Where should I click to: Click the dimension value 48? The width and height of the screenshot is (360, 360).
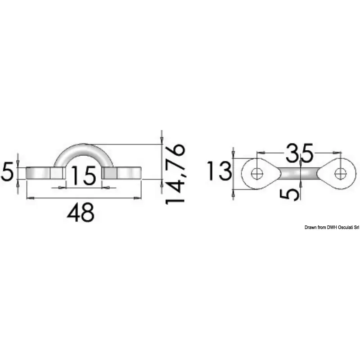81,212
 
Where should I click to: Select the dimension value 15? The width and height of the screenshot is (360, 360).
84,175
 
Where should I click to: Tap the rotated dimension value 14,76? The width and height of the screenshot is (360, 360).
175,174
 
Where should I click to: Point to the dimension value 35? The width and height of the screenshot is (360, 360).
299,152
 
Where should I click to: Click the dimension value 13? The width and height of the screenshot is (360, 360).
219,171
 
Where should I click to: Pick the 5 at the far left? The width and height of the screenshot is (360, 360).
8,172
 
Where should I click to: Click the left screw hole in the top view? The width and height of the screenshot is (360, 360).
257,173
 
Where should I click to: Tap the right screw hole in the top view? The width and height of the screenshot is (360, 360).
341,173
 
